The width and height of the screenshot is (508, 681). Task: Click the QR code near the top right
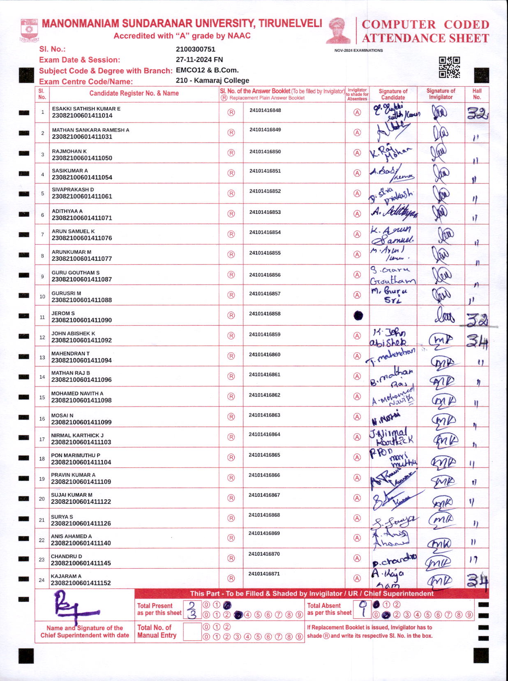[x=449, y=67]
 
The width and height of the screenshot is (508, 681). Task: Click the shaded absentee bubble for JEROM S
[x=358, y=315]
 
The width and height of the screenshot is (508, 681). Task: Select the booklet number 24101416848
[x=265, y=110]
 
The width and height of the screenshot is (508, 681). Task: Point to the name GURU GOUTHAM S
[x=75, y=273]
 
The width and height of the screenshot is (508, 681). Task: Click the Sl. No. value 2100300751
[x=195, y=49]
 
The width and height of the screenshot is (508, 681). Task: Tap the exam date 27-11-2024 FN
[x=199, y=60]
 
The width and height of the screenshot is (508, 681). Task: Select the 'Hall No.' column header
[x=477, y=94]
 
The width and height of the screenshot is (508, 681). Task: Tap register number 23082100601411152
[x=81, y=583]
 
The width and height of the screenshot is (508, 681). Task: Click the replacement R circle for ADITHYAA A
[x=231, y=214]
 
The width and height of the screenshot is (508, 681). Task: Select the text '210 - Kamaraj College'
[x=212, y=81]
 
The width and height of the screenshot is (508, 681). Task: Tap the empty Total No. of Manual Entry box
[x=192, y=632]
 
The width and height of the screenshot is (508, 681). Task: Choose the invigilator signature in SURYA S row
[x=441, y=520]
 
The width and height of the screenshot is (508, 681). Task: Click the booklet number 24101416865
[x=264, y=455]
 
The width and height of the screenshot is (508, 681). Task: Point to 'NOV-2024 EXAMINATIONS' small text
[x=358, y=51]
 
